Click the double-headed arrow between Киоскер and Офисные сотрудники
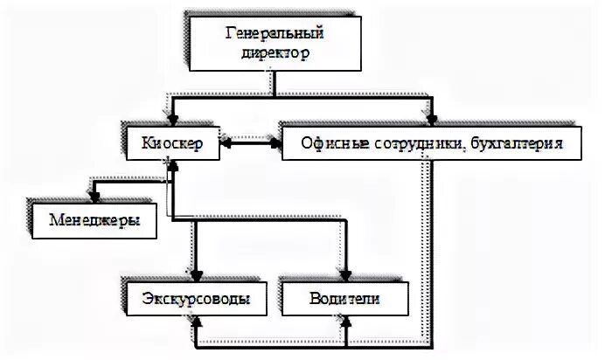coord(251,142)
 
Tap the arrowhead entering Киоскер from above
coord(172,120)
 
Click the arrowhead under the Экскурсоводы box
coord(194,324)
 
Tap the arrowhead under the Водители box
coord(347,324)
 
